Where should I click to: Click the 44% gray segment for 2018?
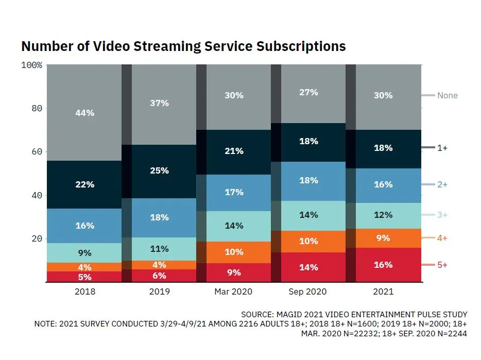point(84,113)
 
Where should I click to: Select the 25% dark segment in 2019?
point(160,171)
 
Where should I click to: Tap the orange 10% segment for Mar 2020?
point(233,252)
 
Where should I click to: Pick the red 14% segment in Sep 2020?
point(308,267)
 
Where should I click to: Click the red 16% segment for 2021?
point(383,265)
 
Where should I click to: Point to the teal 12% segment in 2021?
point(383,215)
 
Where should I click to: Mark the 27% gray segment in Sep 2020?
point(308,93)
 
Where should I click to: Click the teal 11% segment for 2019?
point(160,249)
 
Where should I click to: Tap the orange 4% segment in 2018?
point(84,267)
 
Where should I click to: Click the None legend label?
point(447,95)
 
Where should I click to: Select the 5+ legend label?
point(442,265)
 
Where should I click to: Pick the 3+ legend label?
point(442,215)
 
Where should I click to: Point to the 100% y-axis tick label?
point(32,65)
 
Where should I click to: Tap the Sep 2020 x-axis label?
point(308,292)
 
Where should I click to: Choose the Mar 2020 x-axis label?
point(233,292)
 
